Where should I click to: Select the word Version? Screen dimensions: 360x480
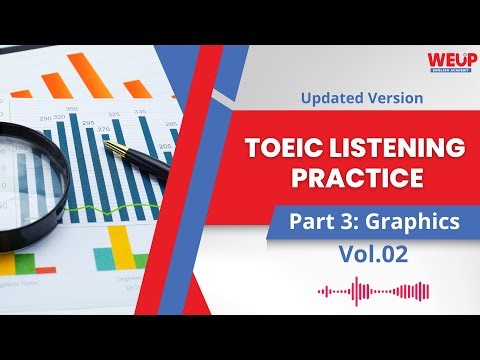click(x=394, y=99)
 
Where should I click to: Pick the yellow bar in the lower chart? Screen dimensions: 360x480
click(x=120, y=248)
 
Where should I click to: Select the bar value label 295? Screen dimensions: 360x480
click(x=87, y=124)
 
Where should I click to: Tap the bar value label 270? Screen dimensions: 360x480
click(x=103, y=129)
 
